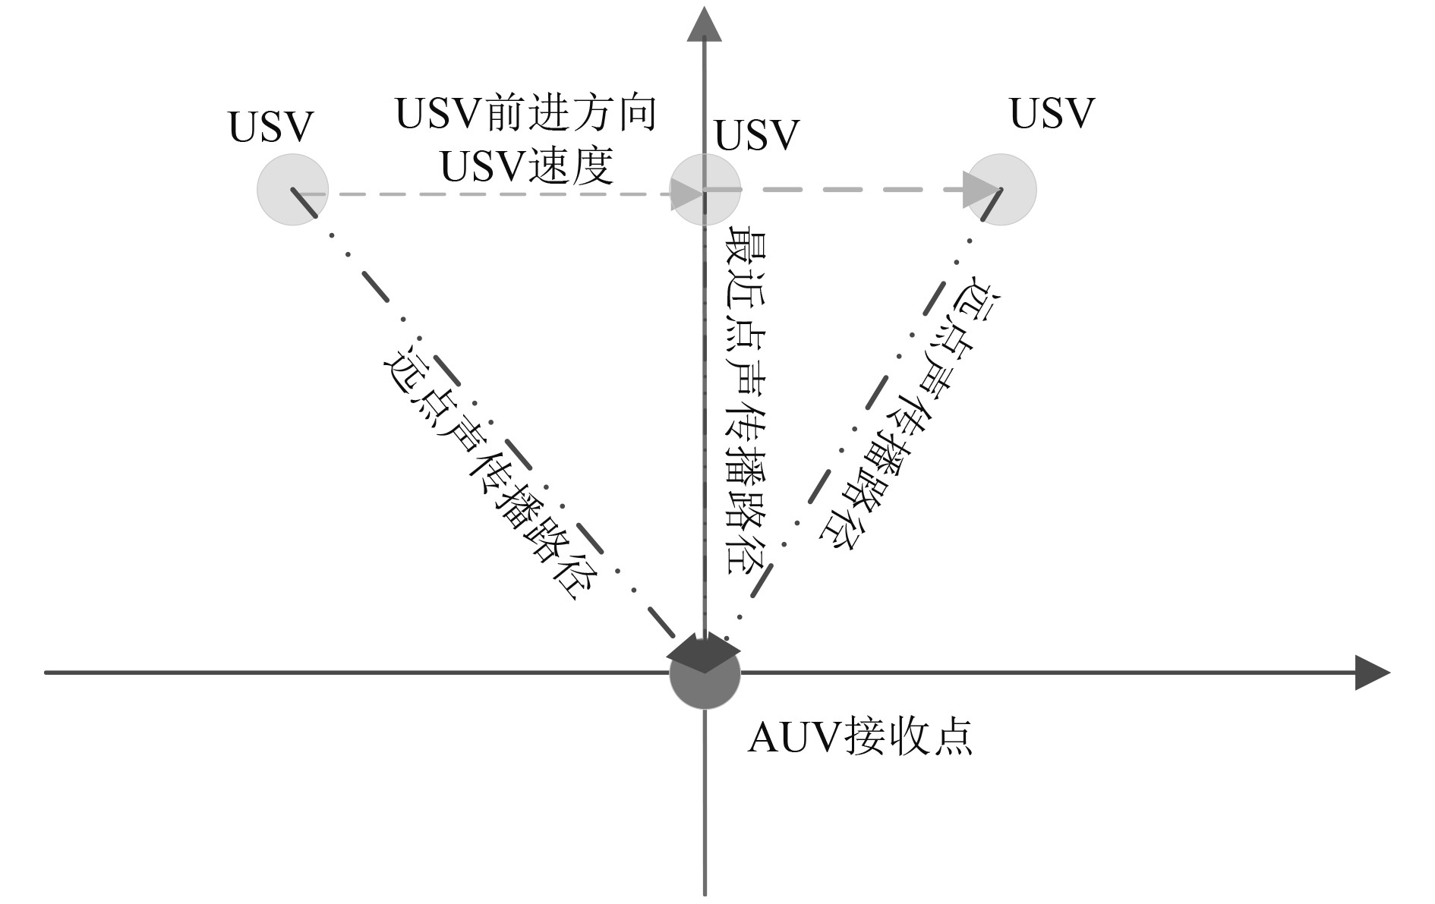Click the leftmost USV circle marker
click(293, 189)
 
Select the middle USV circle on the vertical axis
click(705, 189)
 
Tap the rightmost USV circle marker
click(1001, 189)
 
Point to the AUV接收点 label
click(860, 737)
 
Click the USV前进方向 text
click(526, 114)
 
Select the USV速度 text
click(526, 167)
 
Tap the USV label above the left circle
click(271, 127)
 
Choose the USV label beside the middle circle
click(757, 135)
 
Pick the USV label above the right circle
click(1052, 113)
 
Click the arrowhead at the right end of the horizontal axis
click(1373, 672)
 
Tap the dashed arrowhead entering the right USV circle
click(979, 190)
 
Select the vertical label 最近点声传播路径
click(746, 398)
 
